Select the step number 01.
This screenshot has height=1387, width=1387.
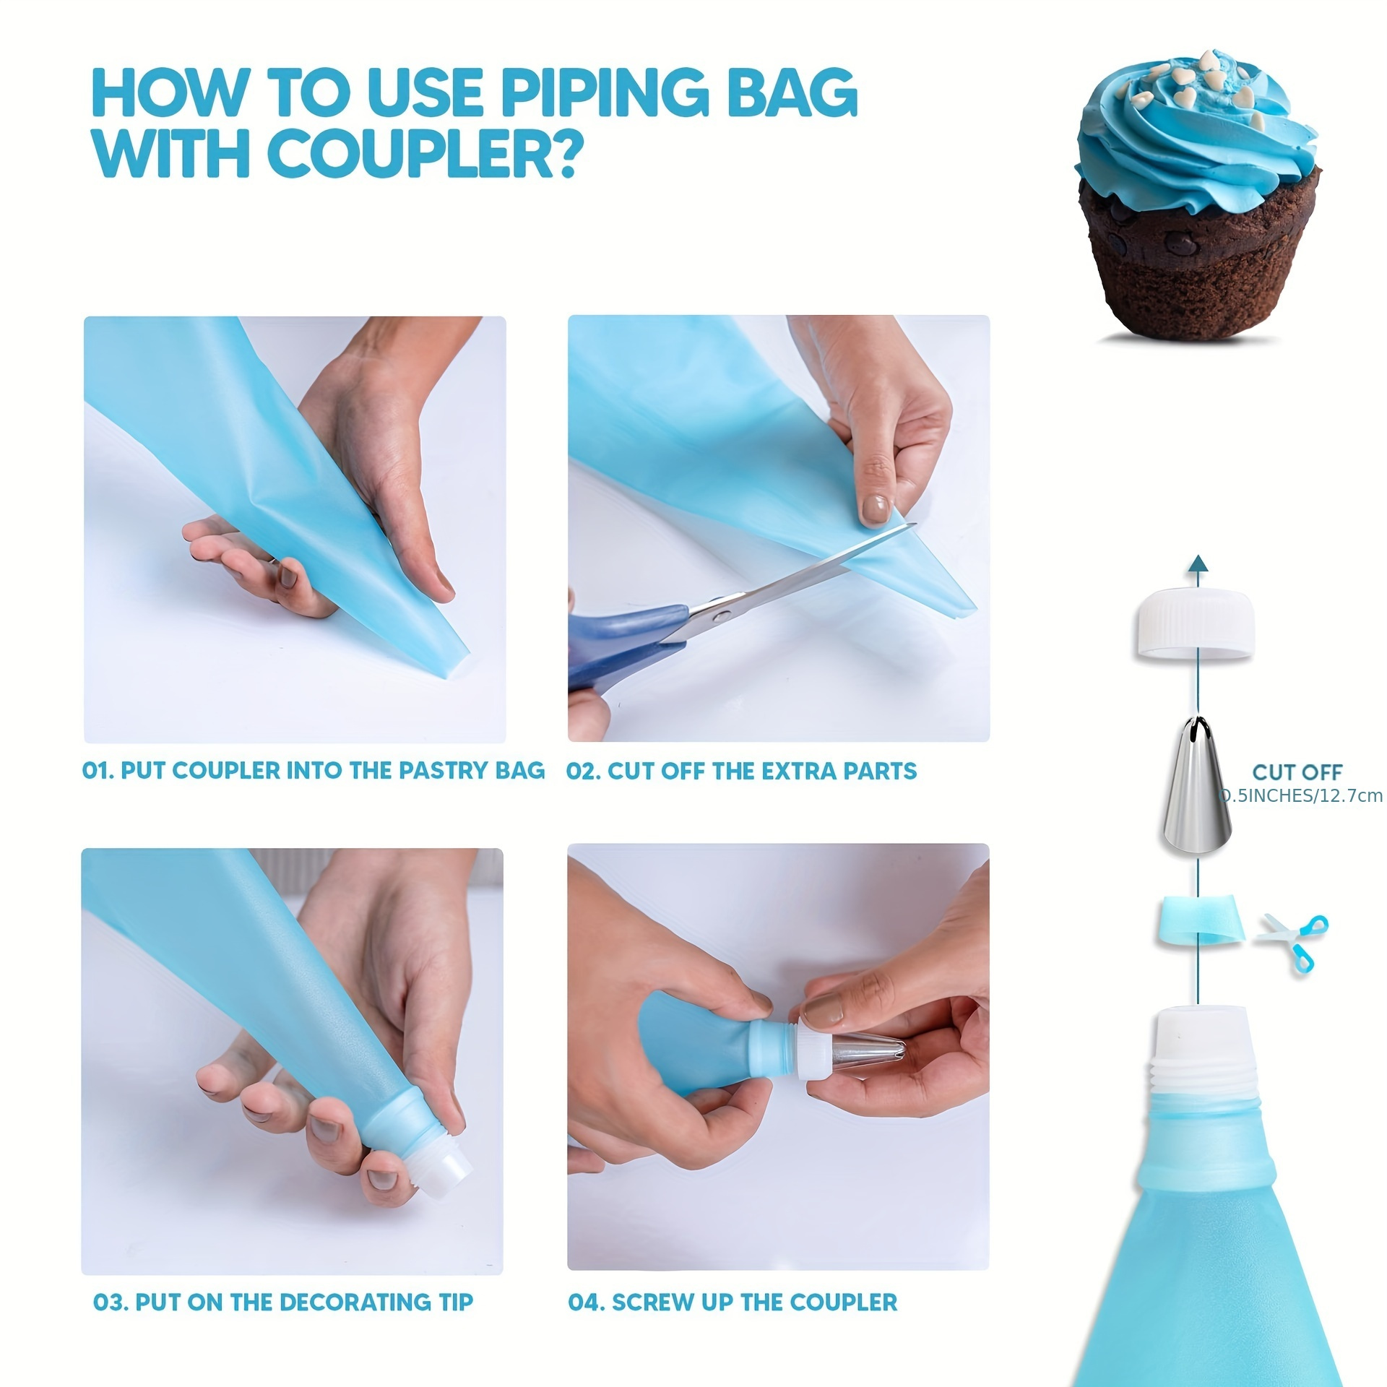(x=98, y=771)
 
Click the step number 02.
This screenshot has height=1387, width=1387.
(x=582, y=772)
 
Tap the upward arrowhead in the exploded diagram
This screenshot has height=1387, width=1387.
(x=1198, y=563)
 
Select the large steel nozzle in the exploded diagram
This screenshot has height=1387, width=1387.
(x=1197, y=787)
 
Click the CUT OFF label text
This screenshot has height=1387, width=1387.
(x=1297, y=772)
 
